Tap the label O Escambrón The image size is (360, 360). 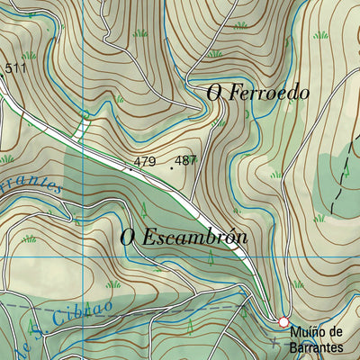tap(183, 238)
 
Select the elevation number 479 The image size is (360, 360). tap(144, 162)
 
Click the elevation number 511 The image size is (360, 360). tap(15, 68)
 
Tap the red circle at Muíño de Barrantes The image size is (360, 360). tap(283, 322)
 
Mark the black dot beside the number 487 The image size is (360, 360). tap(171, 166)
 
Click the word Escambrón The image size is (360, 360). tap(196, 238)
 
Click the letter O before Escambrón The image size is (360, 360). tap(128, 238)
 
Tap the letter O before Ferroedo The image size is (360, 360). tap(214, 93)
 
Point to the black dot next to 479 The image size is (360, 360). tap(130, 167)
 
